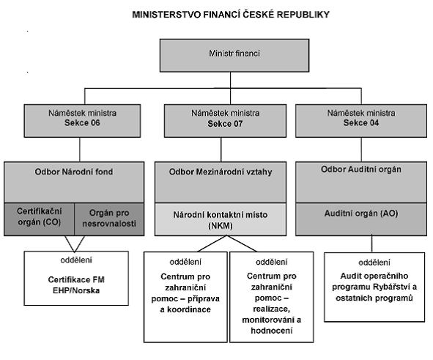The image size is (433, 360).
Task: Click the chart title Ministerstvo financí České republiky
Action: tap(231, 15)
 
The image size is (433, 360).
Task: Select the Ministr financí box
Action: tap(234, 56)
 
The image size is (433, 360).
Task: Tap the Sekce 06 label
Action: tap(82, 122)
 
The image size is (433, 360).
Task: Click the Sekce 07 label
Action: tap(226, 123)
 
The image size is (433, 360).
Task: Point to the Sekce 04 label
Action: tap(361, 122)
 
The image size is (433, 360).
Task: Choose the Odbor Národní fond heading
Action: tap(74, 172)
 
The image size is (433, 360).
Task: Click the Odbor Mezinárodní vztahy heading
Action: tap(221, 172)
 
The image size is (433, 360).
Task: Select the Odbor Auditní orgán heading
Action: tap(361, 169)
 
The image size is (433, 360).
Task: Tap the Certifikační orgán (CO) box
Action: tap(40, 219)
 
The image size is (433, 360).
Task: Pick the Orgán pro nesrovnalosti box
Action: tap(109, 219)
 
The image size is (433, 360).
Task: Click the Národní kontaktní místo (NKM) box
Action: tap(221, 219)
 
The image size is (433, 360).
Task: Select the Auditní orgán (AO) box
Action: tap(361, 219)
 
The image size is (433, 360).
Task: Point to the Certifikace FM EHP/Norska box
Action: tap(76, 278)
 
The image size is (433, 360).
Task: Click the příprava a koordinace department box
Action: tap(185, 297)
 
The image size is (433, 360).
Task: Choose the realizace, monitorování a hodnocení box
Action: tap(272, 297)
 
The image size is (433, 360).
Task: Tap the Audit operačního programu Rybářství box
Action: tap(374, 287)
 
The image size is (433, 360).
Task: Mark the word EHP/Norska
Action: tap(76, 290)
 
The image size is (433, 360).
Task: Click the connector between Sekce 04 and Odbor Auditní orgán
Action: tap(361, 150)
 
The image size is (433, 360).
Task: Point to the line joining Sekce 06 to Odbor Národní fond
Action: tap(80, 150)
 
